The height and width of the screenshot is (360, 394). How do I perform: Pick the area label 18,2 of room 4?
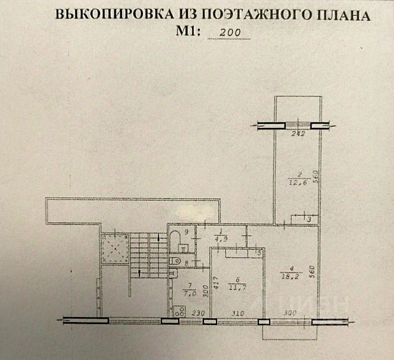(x=289, y=276)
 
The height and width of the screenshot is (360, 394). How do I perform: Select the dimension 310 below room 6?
(x=236, y=313)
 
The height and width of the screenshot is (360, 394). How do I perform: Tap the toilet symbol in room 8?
(x=175, y=260)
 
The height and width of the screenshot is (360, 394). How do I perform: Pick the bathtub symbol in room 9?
(x=175, y=240)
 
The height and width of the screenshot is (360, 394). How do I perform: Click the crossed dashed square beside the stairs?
(x=114, y=248)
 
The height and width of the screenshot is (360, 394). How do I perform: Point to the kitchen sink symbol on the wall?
(x=172, y=274)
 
